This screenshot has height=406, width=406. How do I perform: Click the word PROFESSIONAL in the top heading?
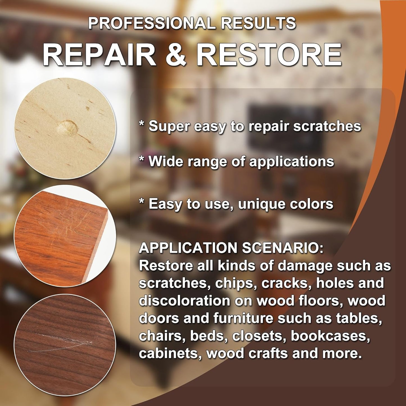152,23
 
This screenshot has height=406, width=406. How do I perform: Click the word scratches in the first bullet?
327,126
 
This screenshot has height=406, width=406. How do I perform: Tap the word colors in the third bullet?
312,204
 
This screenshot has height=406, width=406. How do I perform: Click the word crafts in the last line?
268,353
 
